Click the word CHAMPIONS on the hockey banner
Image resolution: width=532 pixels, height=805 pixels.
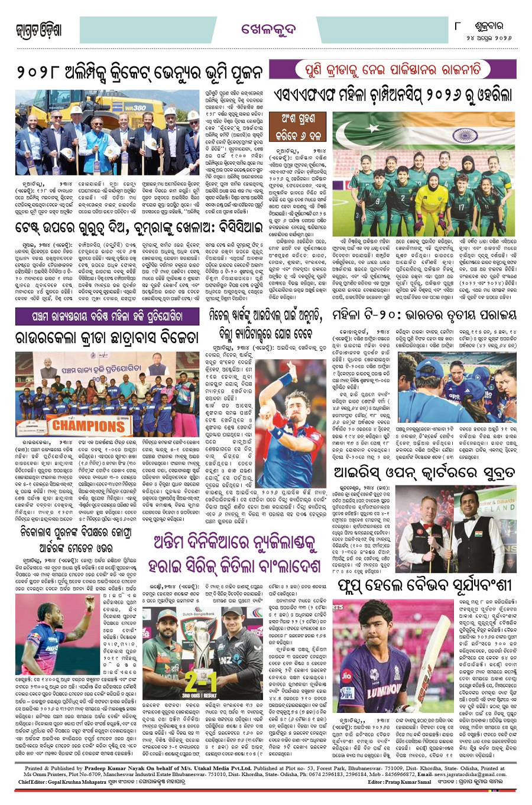(x=89, y=425)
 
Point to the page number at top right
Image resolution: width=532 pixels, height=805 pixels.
(x=458, y=26)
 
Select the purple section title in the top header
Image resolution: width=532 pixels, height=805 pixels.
(x=264, y=29)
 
